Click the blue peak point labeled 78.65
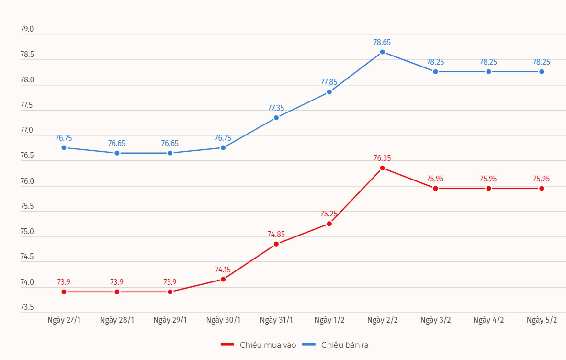tap(382, 52)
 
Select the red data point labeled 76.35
tap(382, 168)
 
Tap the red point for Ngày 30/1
tap(223, 279)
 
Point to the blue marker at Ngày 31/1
tap(276, 118)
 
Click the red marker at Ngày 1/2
tap(329, 224)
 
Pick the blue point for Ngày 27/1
tap(64, 147)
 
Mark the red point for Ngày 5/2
tap(542, 188)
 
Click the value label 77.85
tap(329, 82)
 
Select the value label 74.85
tap(276, 235)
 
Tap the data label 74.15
tap(223, 270)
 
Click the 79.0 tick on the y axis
tap(27, 29)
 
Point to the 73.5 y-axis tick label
tap(27, 307)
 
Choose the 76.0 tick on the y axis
tap(27, 181)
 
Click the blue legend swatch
tap(309, 345)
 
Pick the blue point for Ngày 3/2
tap(435, 71)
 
